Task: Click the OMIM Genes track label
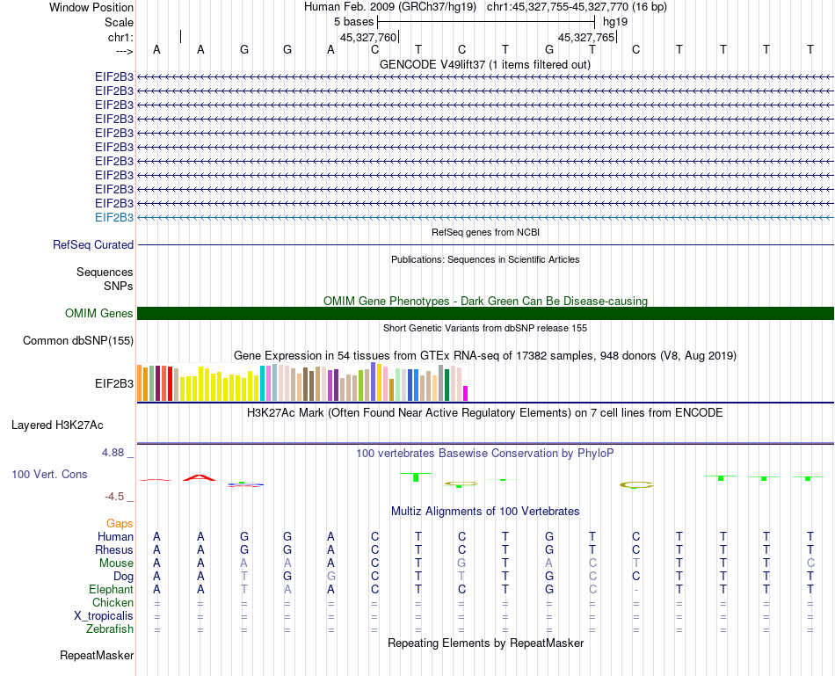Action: [x=99, y=314]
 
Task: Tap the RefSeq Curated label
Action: [x=93, y=245]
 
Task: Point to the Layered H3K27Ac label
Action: [x=57, y=425]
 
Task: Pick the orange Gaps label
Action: [x=120, y=524]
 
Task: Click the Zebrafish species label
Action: [x=110, y=629]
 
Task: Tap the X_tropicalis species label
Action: [x=104, y=616]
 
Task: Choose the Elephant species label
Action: [x=111, y=590]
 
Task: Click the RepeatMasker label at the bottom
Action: [x=97, y=656]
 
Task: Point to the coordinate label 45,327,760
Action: [x=368, y=38]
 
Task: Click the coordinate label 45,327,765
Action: [x=587, y=38]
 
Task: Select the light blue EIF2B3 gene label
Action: [x=114, y=217]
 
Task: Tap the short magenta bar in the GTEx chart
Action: [x=466, y=393]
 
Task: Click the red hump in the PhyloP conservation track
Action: [x=200, y=477]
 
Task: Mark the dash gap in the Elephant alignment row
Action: [x=635, y=590]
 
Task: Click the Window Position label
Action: [x=91, y=7]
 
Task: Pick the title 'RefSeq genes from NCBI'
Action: [x=485, y=232]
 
